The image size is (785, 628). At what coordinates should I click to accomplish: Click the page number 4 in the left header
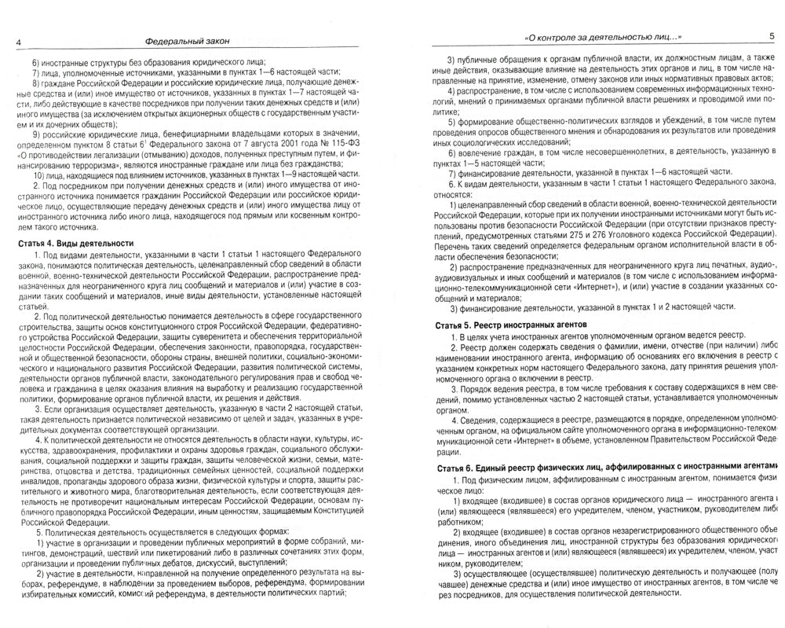coord(6,40)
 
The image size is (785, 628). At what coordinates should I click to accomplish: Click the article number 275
coord(590,235)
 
